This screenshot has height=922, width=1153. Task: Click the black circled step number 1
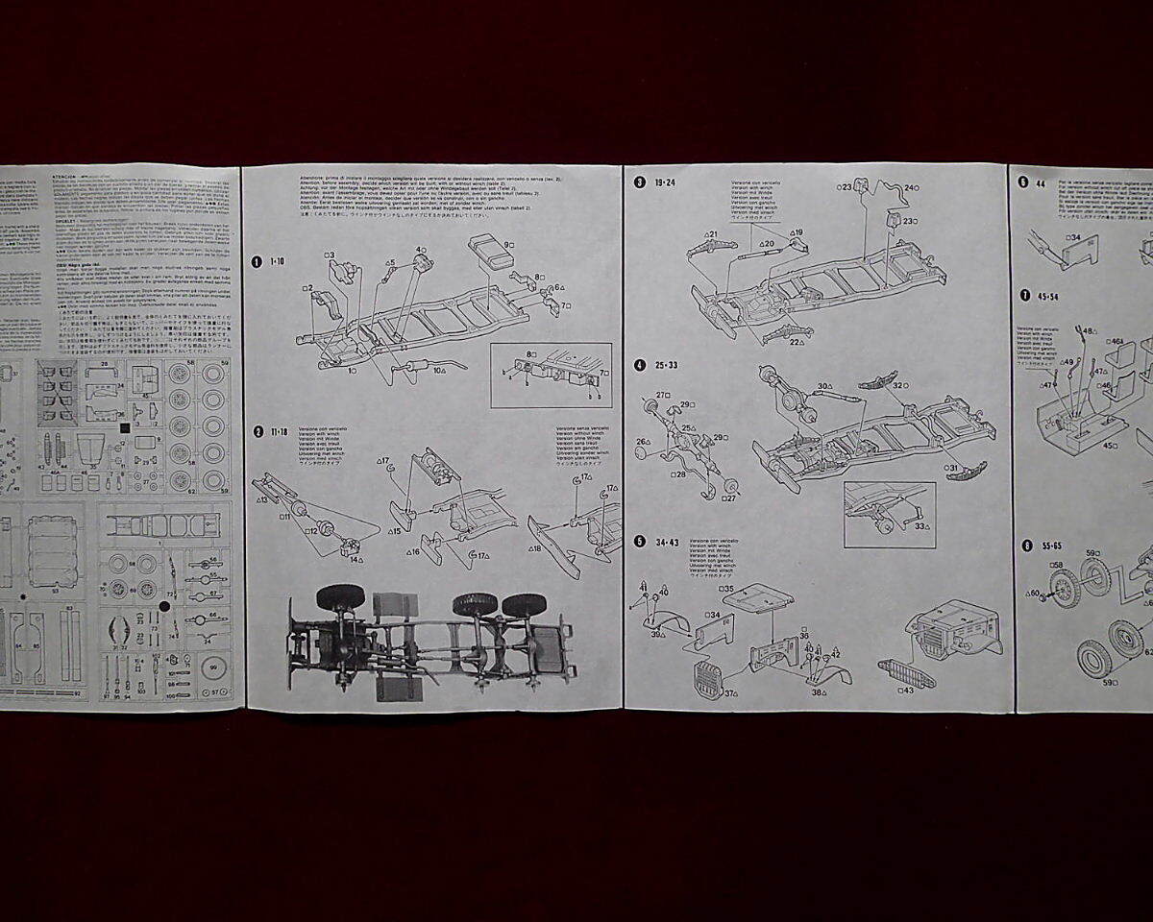tap(257, 261)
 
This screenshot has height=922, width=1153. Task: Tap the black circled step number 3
tap(640, 182)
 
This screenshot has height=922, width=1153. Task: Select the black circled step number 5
tap(640, 542)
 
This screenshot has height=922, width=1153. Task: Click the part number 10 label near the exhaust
tap(438, 370)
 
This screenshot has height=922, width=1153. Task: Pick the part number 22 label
tap(797, 342)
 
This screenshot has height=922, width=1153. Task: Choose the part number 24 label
tap(911, 188)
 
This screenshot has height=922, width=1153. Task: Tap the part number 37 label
tap(731, 693)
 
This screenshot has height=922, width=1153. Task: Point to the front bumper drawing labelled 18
tap(555, 546)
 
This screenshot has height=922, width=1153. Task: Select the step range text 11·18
tap(280, 432)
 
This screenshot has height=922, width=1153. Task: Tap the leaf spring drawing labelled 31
tap(966, 470)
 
